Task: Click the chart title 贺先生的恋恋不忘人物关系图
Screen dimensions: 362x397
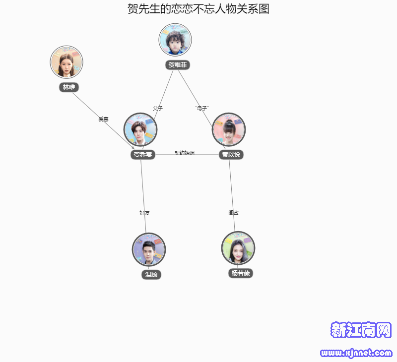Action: point(198,9)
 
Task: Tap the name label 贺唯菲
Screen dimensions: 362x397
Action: point(178,65)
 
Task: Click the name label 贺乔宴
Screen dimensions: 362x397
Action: point(143,155)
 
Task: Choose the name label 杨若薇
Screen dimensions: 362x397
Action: point(241,273)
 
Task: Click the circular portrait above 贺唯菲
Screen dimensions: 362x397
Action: point(175,40)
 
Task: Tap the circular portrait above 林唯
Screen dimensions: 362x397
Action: point(66,62)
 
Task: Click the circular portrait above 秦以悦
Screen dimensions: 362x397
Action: point(229,129)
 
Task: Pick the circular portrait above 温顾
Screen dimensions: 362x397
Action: point(149,249)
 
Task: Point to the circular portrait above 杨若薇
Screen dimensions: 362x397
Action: point(238,248)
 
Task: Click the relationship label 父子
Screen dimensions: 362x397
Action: point(158,108)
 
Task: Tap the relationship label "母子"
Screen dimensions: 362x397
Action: point(202,108)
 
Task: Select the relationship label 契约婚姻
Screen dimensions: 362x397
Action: point(185,153)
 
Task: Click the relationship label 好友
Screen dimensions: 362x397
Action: point(144,213)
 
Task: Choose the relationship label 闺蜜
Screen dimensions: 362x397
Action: point(233,213)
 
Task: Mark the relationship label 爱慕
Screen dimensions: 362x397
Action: point(103,119)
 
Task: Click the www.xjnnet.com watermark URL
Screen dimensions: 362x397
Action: point(356,354)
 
